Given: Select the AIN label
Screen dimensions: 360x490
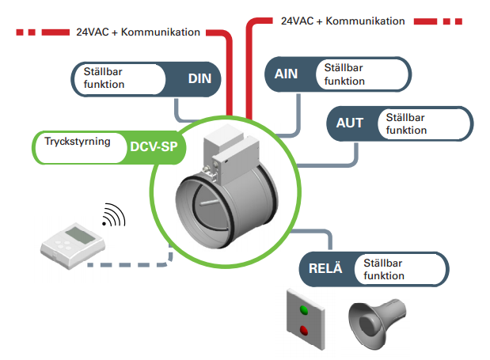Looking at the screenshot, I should tap(286, 74).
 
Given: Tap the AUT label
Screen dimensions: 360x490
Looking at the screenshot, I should tap(350, 123).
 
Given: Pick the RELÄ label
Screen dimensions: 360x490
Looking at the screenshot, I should tap(325, 270).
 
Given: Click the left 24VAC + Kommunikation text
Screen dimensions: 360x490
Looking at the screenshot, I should tap(137, 32).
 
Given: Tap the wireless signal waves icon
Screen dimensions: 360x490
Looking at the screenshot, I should tap(113, 215).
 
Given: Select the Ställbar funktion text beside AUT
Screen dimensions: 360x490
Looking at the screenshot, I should tap(405, 123).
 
